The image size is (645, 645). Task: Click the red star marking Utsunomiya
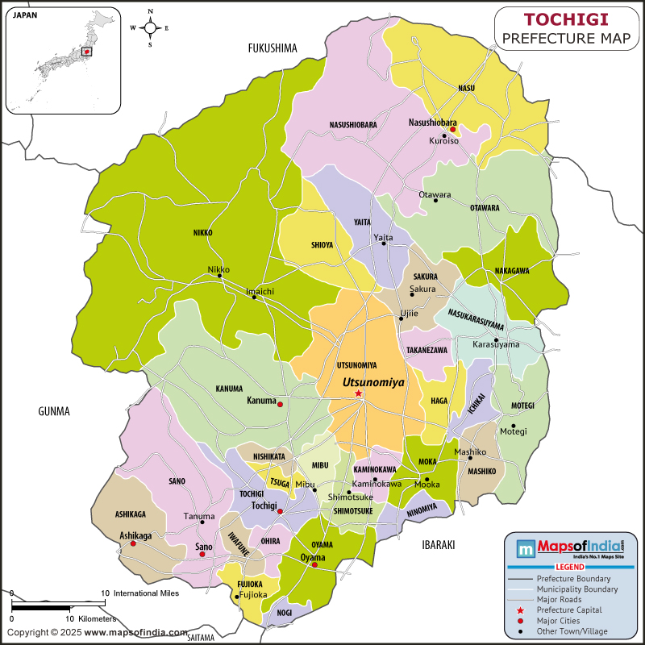[359, 393]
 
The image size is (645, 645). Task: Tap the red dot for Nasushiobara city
[453, 129]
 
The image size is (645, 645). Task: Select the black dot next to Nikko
[219, 277]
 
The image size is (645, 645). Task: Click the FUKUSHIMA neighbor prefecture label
[273, 48]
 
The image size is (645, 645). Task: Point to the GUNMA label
[54, 411]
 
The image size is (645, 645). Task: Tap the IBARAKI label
[439, 545]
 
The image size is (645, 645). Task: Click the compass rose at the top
[150, 27]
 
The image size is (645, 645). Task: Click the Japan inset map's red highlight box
[88, 52]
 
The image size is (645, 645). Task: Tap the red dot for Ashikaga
[133, 544]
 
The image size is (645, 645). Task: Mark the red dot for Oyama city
[314, 565]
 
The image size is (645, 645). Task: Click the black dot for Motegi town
[513, 426]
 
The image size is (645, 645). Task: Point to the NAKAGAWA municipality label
[512, 271]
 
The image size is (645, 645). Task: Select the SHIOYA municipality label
[322, 246]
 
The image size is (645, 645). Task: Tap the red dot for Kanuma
[280, 404]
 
